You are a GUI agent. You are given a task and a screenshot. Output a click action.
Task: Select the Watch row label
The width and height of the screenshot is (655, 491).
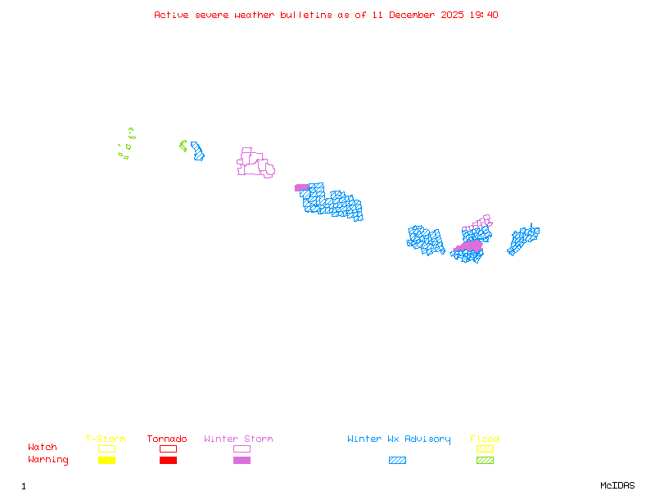(43, 448)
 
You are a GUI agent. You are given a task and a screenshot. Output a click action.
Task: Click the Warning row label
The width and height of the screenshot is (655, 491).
(48, 460)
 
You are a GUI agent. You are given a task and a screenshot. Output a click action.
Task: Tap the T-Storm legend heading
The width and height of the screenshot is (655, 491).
(106, 439)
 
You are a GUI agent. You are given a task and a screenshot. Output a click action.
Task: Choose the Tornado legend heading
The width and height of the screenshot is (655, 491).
(168, 439)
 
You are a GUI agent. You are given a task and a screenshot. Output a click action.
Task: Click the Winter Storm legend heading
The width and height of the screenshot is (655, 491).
(238, 439)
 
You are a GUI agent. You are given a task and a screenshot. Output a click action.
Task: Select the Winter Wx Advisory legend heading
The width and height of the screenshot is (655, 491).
(399, 439)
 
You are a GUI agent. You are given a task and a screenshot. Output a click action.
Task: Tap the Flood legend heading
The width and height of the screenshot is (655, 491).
(485, 439)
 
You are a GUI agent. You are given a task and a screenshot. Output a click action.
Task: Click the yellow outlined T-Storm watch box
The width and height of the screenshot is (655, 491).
(106, 448)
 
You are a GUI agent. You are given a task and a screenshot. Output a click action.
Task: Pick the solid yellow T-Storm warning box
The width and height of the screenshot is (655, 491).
(106, 461)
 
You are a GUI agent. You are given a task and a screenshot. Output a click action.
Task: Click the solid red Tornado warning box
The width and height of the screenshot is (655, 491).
(168, 461)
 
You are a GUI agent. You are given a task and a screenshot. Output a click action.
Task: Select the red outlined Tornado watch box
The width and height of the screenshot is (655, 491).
(168, 448)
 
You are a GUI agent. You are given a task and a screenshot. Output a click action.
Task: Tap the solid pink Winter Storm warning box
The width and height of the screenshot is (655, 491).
(242, 461)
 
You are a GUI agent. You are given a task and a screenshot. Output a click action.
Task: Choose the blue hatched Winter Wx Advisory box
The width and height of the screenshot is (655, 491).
(397, 461)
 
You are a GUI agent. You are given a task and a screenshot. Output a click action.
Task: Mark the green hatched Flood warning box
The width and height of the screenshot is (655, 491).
(485, 461)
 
